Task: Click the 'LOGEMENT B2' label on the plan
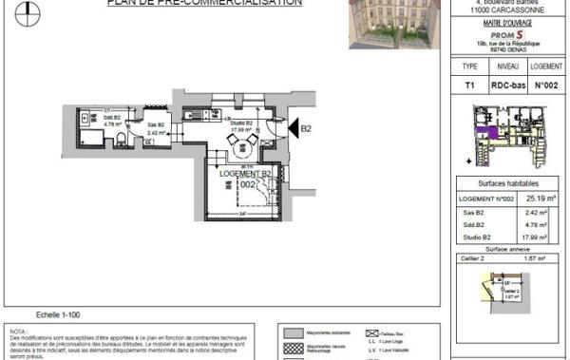coord(246,174)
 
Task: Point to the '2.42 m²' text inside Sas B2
coord(157,133)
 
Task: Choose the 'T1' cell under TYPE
coord(468,85)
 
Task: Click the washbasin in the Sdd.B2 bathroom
coord(85,119)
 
